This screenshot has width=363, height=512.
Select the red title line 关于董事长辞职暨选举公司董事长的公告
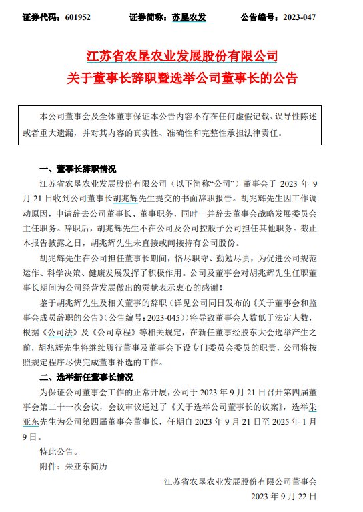(x=181, y=80)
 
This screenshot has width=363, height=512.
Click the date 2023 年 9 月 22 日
(x=284, y=497)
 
